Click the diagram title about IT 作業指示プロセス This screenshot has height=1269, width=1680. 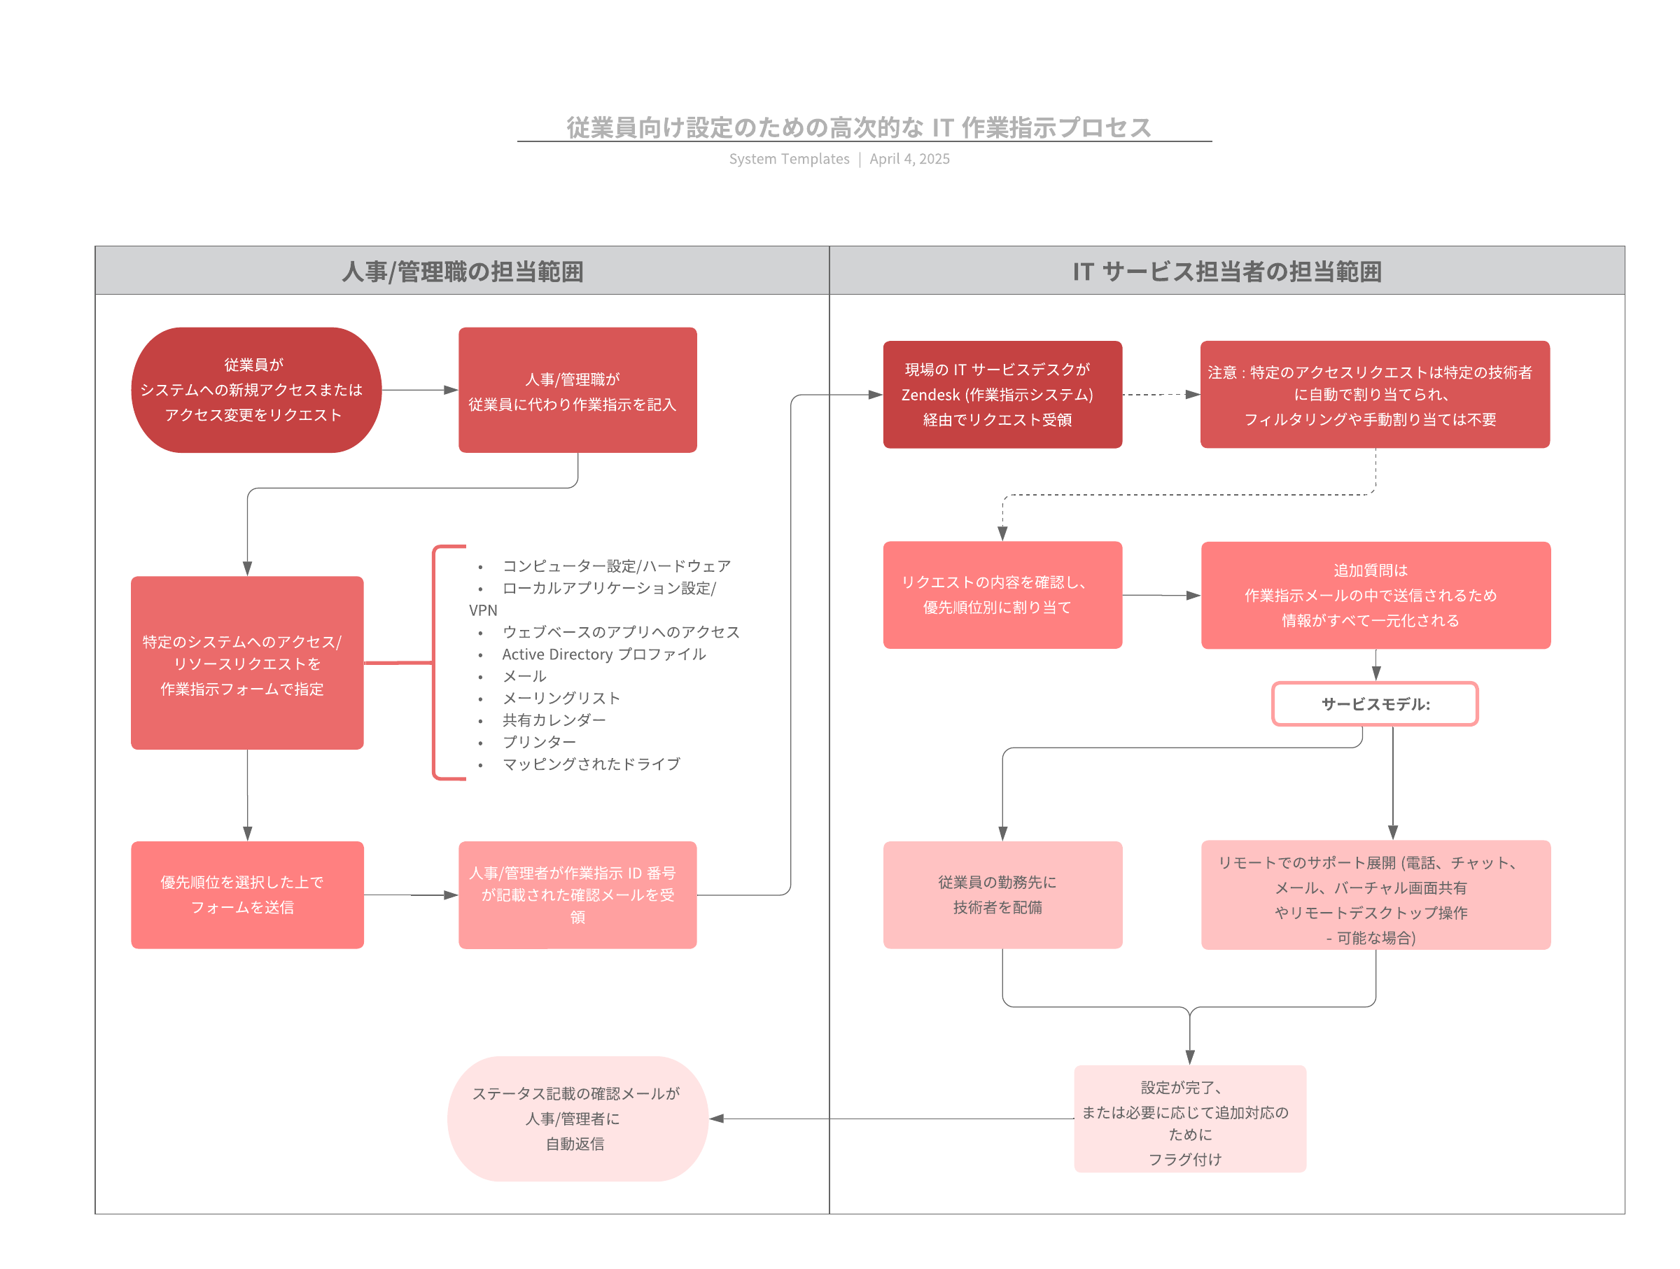[x=858, y=127]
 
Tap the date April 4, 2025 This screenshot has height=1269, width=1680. [x=909, y=159]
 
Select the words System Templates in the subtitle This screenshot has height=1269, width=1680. [x=789, y=159]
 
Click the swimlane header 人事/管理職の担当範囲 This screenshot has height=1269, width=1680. [x=462, y=271]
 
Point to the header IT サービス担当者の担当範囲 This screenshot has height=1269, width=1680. [x=1226, y=271]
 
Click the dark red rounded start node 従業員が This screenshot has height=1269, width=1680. [x=256, y=390]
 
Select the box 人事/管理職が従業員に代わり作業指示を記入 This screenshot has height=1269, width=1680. [x=577, y=390]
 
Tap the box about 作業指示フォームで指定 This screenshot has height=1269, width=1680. [x=247, y=662]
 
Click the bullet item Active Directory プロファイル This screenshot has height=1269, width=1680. [x=604, y=654]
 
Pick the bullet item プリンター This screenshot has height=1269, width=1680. [x=539, y=742]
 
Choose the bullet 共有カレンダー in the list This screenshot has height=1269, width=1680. [x=554, y=720]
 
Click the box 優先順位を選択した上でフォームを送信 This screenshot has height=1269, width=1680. [x=247, y=895]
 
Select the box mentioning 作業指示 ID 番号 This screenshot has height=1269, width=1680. [x=577, y=895]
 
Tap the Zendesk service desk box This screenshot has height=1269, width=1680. [x=1002, y=394]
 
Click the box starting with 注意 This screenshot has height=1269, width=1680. [x=1374, y=394]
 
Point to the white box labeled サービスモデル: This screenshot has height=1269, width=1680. [x=1375, y=704]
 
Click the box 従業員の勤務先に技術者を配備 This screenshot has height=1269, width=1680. [x=1002, y=895]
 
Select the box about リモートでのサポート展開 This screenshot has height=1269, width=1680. [x=1375, y=895]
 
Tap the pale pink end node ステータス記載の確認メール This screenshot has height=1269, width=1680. [x=577, y=1118]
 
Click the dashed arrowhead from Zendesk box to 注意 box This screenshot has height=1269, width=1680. [x=1192, y=394]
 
